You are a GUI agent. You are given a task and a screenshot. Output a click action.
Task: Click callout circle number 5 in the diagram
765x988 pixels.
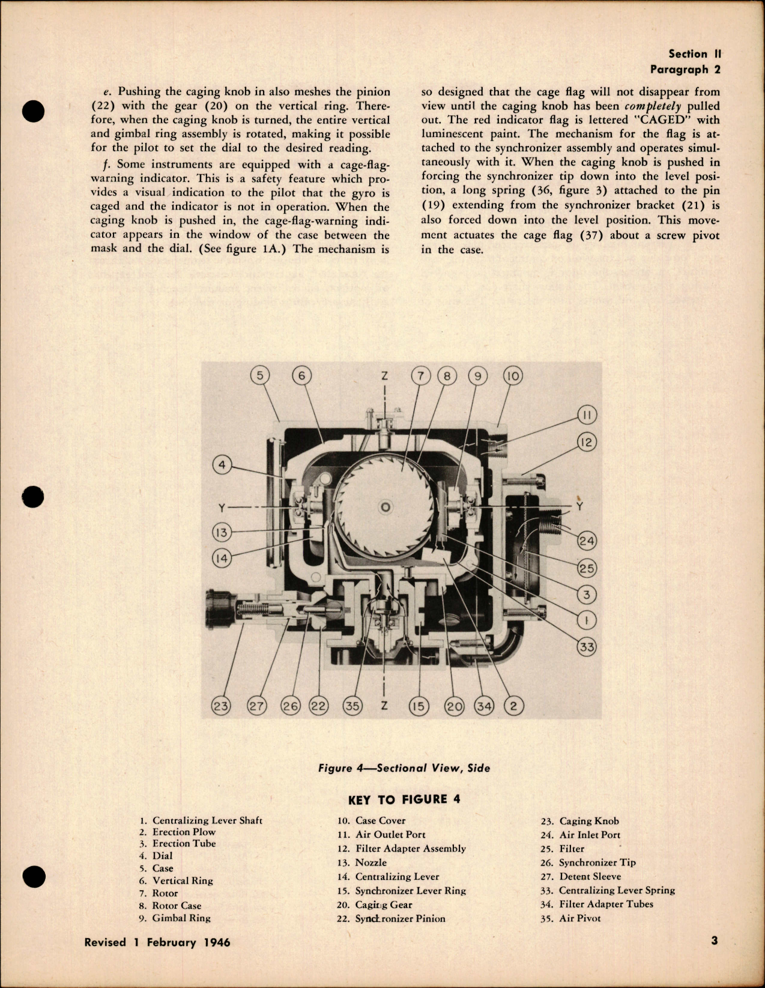click(259, 376)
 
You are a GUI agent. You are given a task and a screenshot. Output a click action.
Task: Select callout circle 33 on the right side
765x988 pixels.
click(587, 647)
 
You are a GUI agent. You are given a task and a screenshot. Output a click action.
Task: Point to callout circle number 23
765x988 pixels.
click(221, 706)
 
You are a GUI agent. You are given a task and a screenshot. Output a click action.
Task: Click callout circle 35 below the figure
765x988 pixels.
click(352, 706)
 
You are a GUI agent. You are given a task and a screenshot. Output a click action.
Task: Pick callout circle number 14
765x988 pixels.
click(222, 558)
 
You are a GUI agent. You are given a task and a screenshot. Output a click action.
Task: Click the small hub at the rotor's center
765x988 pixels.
click(386, 508)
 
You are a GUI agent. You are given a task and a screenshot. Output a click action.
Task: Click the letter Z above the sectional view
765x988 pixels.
click(384, 377)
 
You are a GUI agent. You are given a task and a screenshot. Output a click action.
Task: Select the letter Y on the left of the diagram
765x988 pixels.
click(222, 508)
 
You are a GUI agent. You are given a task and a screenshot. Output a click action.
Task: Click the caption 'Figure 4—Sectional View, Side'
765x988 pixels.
click(404, 768)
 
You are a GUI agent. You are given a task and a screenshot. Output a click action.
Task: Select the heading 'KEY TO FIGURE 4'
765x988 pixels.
click(404, 799)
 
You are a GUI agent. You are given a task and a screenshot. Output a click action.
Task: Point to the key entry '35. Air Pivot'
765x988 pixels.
click(570, 918)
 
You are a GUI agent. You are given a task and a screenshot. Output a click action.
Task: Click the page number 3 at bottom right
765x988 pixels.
click(714, 941)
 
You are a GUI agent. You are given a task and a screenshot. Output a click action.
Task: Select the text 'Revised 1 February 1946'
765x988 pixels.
click(157, 942)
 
